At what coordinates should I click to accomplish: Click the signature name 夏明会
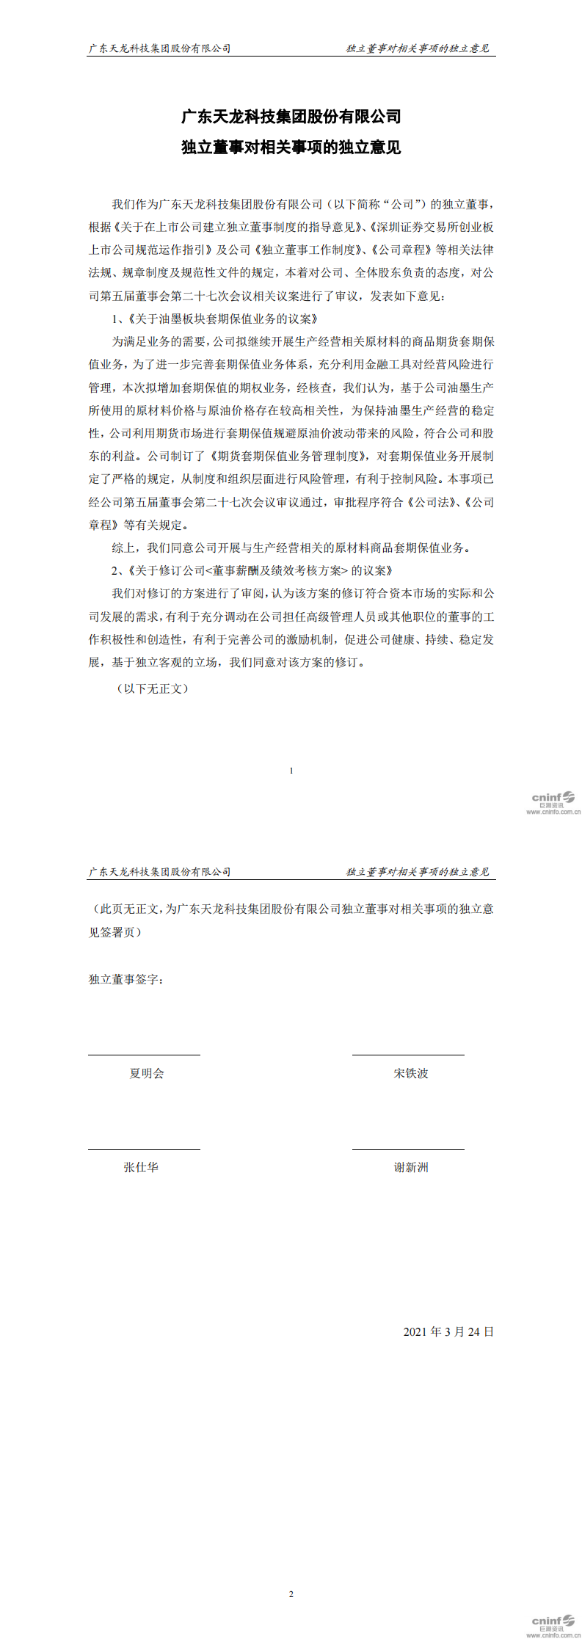pyautogui.click(x=147, y=1073)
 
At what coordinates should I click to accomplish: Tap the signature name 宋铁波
pyautogui.click(x=411, y=1073)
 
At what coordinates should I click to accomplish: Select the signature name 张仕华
pyautogui.click(x=141, y=1167)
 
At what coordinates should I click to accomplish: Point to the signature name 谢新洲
pyautogui.click(x=411, y=1167)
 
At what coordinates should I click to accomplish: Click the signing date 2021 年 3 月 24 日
pyautogui.click(x=448, y=1331)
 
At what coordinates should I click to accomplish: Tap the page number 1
pyautogui.click(x=291, y=771)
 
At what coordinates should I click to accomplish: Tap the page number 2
pyautogui.click(x=291, y=1593)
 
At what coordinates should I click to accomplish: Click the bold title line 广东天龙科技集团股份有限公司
pyautogui.click(x=291, y=117)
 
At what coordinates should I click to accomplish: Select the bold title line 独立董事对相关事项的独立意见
pyautogui.click(x=291, y=148)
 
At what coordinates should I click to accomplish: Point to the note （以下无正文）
pyautogui.click(x=153, y=688)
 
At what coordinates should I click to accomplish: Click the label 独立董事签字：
pyautogui.click(x=126, y=979)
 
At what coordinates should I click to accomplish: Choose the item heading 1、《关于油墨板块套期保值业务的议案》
pyautogui.click(x=215, y=319)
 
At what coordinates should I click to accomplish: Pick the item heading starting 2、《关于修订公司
pyautogui.click(x=252, y=570)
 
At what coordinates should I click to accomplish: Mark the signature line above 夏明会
pyautogui.click(x=144, y=1055)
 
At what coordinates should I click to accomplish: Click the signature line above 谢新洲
pyautogui.click(x=408, y=1149)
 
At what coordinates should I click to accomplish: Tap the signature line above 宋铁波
pyautogui.click(x=408, y=1055)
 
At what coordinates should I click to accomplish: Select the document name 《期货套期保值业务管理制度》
pyautogui.click(x=288, y=456)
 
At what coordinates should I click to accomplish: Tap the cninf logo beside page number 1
pyautogui.click(x=553, y=802)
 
